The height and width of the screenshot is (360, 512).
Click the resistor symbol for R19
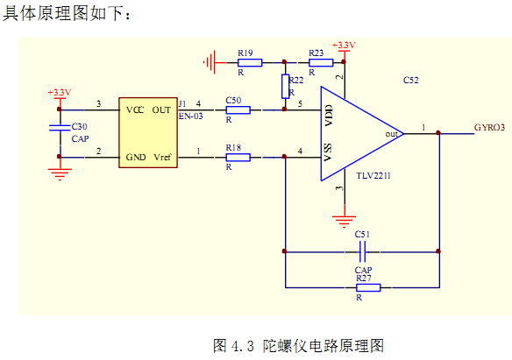[x=250, y=62]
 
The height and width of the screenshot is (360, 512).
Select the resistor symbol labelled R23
[x=321, y=62]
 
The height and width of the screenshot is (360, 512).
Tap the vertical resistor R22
[x=286, y=87]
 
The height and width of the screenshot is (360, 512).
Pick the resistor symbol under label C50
[x=238, y=109]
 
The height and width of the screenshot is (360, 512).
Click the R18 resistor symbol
[x=238, y=158]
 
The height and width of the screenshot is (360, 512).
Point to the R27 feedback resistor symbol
[x=368, y=287]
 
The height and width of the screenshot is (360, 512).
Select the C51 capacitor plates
[x=362, y=251]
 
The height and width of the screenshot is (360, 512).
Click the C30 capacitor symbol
[x=60, y=128]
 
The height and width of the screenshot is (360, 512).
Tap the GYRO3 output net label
[x=489, y=128]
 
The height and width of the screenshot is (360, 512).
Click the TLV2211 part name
[x=373, y=176]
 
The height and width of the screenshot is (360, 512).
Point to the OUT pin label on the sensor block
[x=161, y=110]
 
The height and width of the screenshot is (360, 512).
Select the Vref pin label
[x=162, y=157]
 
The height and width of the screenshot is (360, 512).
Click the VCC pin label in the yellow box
[x=135, y=110]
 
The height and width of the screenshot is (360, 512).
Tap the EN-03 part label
[x=191, y=116]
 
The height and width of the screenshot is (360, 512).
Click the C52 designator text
[x=411, y=81]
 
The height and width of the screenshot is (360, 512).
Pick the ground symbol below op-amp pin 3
[x=345, y=221]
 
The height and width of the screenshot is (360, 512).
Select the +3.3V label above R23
[x=344, y=46]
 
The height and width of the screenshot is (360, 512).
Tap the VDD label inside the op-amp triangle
[x=329, y=116]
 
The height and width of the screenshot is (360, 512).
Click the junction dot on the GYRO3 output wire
[x=438, y=133]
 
